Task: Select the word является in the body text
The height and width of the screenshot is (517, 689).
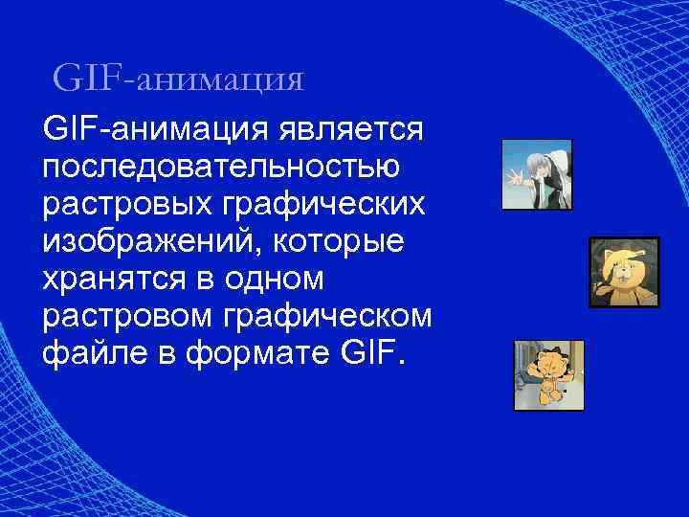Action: [355, 127]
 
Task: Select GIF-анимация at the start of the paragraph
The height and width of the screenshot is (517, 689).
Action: [156, 127]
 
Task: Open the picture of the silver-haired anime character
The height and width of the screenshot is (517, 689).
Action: [537, 174]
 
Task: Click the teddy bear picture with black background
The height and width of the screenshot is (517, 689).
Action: [623, 272]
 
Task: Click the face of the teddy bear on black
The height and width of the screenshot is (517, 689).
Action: [619, 264]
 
